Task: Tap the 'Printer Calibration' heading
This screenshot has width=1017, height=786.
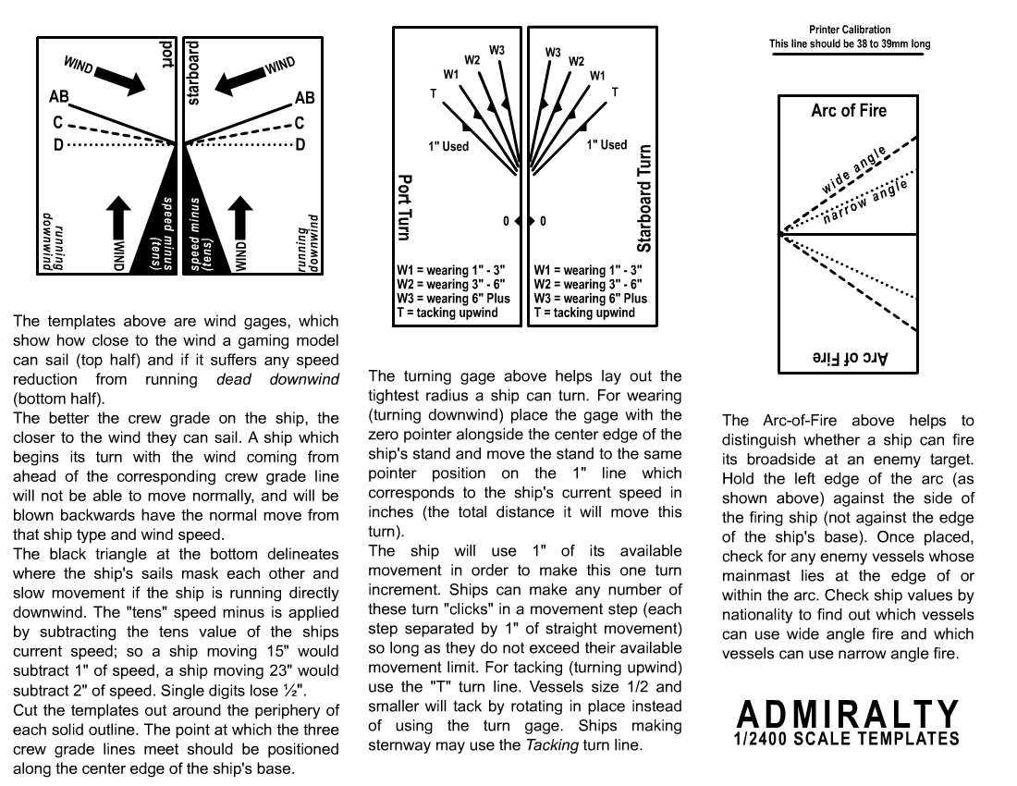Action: pos(850,31)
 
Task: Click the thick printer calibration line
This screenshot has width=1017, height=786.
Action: pos(848,55)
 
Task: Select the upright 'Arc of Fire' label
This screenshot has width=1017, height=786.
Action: pos(849,111)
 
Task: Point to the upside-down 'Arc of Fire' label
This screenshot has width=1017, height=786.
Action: pos(849,358)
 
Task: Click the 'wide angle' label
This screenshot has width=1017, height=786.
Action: pos(854,170)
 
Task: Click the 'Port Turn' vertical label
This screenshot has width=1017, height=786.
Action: pos(405,207)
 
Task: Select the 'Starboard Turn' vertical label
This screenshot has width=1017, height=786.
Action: pos(644,199)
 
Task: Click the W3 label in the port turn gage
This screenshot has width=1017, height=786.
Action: pos(496,49)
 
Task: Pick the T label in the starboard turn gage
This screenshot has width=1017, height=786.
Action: pos(615,92)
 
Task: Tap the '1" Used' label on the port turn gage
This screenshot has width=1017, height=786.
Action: pos(448,146)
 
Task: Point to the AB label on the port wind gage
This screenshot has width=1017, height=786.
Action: pos(59,96)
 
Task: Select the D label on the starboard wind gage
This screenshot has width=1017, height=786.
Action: pos(300,145)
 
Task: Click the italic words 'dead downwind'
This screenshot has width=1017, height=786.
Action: pos(277,379)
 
